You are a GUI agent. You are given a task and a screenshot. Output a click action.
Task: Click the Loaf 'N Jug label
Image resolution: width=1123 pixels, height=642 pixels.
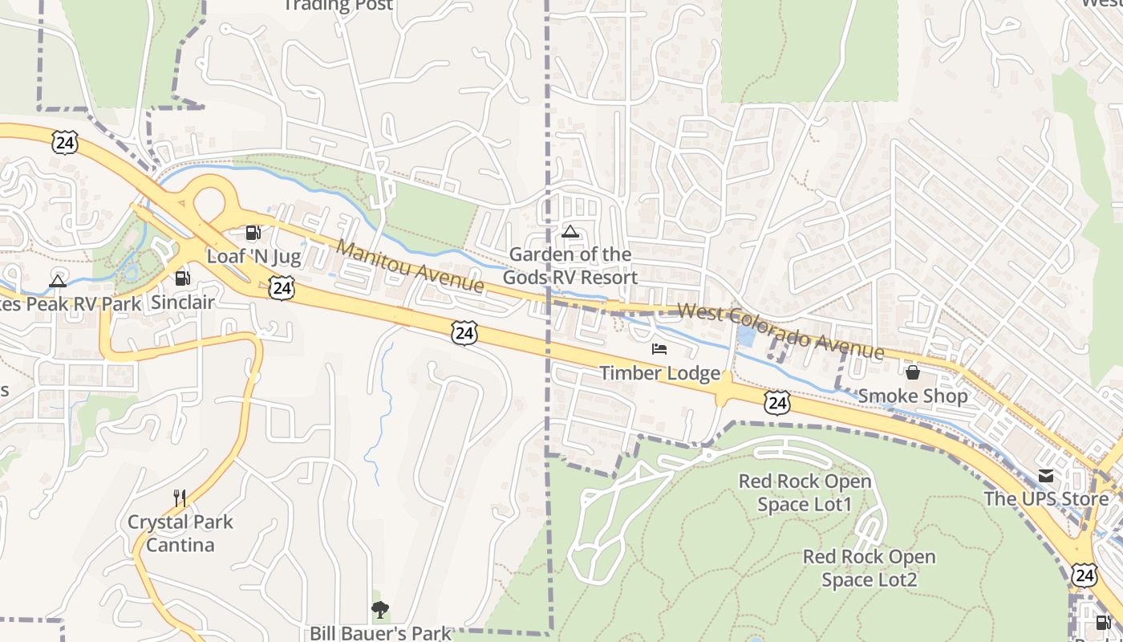click(x=253, y=257)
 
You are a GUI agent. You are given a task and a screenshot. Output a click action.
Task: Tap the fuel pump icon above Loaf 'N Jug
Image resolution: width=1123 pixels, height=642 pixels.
click(x=253, y=233)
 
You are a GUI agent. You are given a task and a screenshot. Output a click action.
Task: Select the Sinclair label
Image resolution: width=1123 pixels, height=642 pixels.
click(x=183, y=303)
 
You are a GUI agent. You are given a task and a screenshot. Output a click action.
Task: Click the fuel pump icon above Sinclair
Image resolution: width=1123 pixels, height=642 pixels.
click(x=183, y=278)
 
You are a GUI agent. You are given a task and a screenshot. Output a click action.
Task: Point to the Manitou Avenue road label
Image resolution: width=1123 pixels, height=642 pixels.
click(x=410, y=266)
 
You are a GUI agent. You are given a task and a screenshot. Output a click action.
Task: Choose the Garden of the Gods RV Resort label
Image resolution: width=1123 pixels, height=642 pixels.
click(x=570, y=266)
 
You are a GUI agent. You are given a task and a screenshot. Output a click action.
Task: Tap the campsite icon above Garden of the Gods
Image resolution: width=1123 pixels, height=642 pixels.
click(x=570, y=232)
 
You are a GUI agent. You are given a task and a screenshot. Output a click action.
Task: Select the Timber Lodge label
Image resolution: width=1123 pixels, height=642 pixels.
click(x=660, y=373)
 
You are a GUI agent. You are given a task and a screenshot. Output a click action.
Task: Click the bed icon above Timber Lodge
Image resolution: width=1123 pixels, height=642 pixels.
click(x=659, y=349)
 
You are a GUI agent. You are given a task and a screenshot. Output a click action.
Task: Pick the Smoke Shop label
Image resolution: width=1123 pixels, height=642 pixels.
click(x=913, y=396)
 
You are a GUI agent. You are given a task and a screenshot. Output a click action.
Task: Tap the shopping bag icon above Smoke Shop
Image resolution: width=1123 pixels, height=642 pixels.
click(x=912, y=372)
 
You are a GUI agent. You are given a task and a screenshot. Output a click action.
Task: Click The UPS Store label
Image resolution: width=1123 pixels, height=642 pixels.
click(x=1046, y=498)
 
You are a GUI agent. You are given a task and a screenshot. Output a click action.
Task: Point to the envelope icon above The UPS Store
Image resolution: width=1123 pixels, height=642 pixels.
click(x=1046, y=476)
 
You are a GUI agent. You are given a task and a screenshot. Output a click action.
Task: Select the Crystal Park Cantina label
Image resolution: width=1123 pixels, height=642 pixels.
click(x=180, y=534)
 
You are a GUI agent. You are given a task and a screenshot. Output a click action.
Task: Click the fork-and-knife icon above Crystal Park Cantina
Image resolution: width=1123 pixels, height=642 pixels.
click(x=180, y=498)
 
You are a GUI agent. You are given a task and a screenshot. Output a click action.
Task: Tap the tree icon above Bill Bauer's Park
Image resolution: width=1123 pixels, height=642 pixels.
click(x=380, y=610)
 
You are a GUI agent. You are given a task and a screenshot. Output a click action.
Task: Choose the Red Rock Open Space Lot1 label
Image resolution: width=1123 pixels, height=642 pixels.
click(x=805, y=493)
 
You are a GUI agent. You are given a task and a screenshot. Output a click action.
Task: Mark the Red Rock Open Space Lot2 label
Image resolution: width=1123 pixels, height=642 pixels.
click(x=870, y=568)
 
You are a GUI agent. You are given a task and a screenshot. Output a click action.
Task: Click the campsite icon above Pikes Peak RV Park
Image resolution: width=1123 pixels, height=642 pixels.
click(x=57, y=281)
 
